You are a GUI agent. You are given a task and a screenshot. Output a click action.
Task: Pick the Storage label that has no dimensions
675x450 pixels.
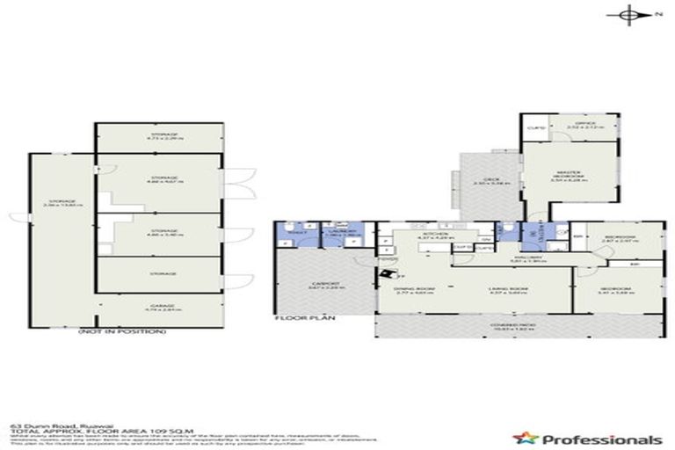(x=158, y=273)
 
